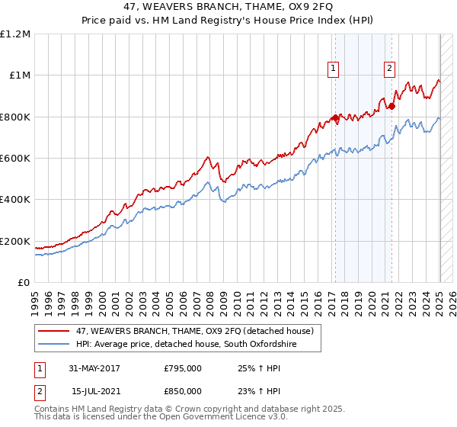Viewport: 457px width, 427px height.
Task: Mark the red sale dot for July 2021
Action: (392, 106)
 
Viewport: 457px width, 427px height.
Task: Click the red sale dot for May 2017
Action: (335, 117)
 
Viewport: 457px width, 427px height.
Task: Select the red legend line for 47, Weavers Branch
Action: (54, 332)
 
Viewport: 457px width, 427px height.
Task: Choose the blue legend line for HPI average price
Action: (54, 345)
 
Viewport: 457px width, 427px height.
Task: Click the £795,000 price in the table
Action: (182, 368)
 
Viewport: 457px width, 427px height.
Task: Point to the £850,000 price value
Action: (182, 390)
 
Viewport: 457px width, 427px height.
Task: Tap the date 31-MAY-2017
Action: (94, 368)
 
